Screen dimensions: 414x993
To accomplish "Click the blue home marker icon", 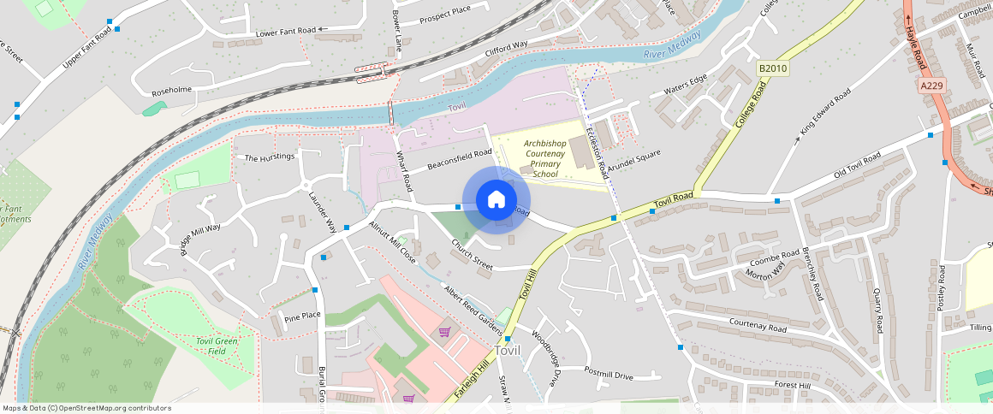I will (496, 200).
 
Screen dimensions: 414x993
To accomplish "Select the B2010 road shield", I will (772, 68).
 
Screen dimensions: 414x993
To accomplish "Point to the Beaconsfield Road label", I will (460, 159).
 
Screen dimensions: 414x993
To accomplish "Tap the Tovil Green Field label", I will (217, 346).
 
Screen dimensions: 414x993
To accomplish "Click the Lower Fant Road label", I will (285, 33).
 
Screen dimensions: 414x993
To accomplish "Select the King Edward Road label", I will (825, 112).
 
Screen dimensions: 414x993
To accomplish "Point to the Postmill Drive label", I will (609, 374).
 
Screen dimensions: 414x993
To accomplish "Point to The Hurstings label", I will (270, 158).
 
